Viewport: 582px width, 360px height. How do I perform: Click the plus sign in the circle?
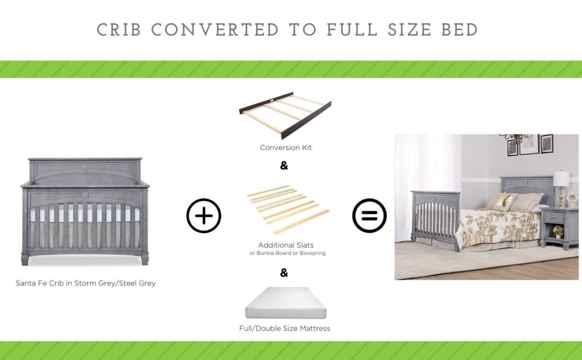[x=203, y=216]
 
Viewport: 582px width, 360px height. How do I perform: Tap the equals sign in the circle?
[x=369, y=216]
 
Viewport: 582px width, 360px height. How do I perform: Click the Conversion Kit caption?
[x=286, y=148]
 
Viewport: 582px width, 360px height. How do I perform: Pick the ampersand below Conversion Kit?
[x=284, y=166]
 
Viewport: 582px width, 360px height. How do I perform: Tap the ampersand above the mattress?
[x=284, y=272]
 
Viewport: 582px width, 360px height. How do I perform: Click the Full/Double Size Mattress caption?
[x=285, y=328]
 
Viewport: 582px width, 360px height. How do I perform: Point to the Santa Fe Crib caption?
[x=85, y=283]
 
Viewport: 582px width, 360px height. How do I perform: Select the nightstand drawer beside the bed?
[x=552, y=217]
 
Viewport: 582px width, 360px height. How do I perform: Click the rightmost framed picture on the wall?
[x=547, y=143]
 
